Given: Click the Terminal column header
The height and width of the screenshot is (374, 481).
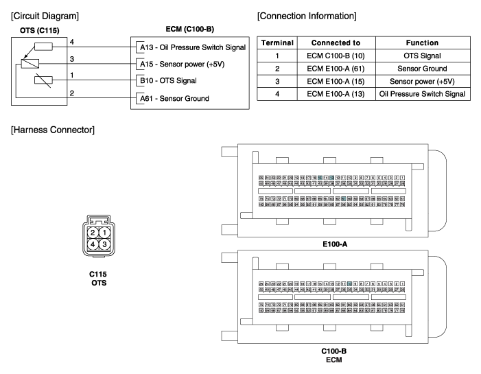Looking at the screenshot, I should [277, 43].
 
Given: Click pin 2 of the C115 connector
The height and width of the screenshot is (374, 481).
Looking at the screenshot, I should [93, 233].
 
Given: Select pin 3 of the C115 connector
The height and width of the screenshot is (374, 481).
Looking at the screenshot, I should [104, 244].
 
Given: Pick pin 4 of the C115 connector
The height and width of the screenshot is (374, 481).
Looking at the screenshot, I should [93, 244].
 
